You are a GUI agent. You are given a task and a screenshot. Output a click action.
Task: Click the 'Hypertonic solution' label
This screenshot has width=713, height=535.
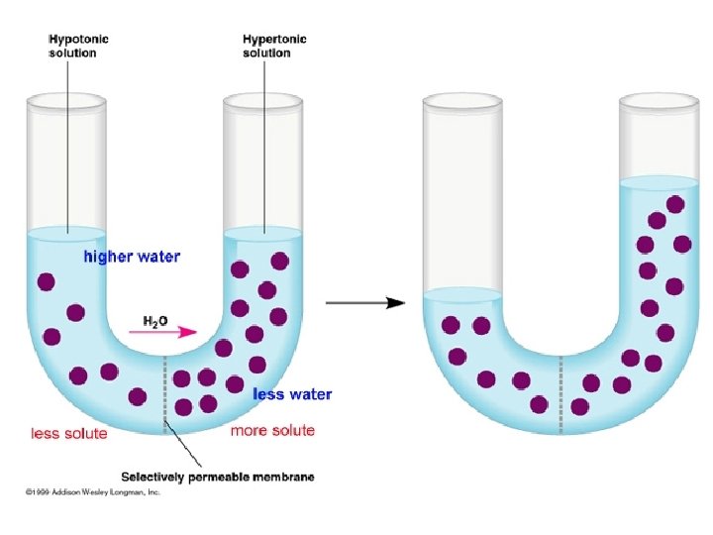(274, 46)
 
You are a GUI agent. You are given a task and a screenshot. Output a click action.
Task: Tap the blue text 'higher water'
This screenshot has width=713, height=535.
(131, 258)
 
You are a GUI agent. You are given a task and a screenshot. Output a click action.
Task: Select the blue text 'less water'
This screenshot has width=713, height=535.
(292, 394)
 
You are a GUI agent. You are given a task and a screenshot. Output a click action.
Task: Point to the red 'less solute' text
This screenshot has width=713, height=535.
(69, 433)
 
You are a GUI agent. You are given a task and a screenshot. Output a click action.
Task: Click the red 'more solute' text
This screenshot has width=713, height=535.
(272, 430)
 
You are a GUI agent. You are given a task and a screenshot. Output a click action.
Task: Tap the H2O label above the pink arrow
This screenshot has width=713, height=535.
(155, 321)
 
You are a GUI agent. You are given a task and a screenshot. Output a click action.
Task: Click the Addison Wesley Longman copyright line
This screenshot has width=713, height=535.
(89, 491)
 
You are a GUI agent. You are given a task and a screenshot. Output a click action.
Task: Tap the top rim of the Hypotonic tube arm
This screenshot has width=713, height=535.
(67, 100)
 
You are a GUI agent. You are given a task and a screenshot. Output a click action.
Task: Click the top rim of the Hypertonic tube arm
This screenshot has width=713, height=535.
(263, 100)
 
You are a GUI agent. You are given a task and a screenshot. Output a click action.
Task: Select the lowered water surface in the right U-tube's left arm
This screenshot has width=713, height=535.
(461, 294)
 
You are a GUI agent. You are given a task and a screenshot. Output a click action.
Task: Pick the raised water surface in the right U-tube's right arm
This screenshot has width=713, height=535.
(659, 183)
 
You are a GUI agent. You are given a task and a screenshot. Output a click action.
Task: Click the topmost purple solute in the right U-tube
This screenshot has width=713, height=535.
(675, 204)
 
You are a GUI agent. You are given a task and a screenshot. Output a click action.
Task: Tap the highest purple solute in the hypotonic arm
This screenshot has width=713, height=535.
(46, 281)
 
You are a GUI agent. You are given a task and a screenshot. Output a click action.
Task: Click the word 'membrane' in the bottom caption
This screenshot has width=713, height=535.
(283, 477)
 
